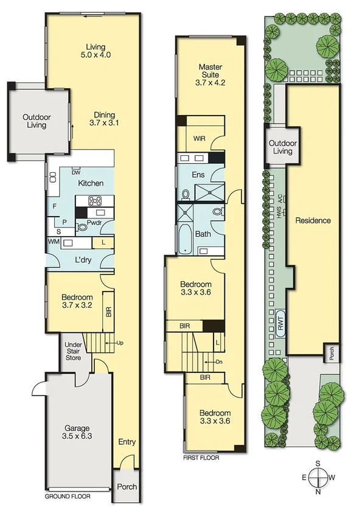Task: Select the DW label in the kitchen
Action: [76, 171]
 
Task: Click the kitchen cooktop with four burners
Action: [95, 201]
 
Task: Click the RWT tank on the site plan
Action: [281, 327]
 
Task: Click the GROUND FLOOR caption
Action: [68, 497]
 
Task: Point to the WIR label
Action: [199, 139]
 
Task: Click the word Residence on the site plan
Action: [314, 220]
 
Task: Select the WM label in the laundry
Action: [53, 242]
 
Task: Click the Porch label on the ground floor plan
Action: [127, 487]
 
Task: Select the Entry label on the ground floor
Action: [127, 442]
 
